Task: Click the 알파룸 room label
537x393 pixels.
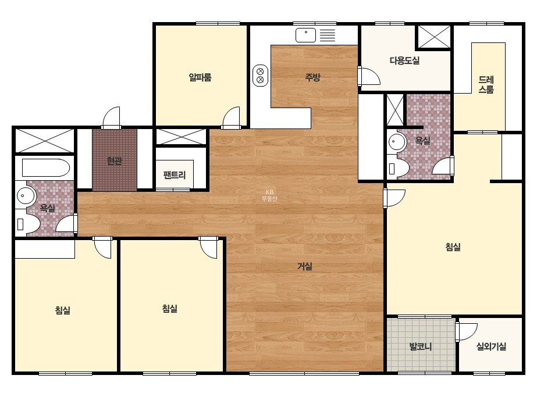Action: click(x=200, y=77)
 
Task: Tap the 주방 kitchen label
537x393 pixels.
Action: click(x=312, y=77)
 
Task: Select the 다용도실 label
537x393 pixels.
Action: click(x=404, y=60)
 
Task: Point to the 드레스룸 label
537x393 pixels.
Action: click(x=486, y=85)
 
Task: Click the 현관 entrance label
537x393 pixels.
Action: click(x=115, y=160)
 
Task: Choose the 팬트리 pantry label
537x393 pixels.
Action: click(x=175, y=175)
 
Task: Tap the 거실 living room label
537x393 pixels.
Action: click(x=305, y=266)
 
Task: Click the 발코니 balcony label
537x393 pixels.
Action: click(x=420, y=346)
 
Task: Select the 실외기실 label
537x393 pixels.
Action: click(x=491, y=346)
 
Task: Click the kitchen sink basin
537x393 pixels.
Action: click(x=305, y=35)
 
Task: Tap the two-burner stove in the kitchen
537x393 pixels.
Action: click(x=260, y=76)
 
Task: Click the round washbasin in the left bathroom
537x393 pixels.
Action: click(x=26, y=196)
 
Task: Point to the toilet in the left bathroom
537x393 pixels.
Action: click(x=28, y=224)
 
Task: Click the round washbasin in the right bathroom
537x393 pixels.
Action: click(x=397, y=141)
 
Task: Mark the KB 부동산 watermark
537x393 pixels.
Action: click(x=269, y=195)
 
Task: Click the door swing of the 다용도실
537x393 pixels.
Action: click(x=371, y=76)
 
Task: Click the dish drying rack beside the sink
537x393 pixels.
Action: click(x=328, y=35)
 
